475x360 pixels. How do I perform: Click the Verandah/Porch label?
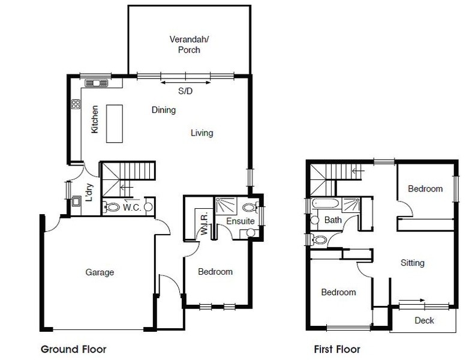point(189,44)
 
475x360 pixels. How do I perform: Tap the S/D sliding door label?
point(185,91)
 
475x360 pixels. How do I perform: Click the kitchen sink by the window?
point(97,83)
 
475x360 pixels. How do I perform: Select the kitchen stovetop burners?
point(76,104)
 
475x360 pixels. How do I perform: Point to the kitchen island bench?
point(115,124)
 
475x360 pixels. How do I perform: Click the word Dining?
point(164,110)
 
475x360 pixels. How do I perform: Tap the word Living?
point(202,133)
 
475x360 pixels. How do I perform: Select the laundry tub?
point(76,201)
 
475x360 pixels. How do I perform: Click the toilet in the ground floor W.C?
point(112,207)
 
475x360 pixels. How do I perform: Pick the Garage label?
point(100,272)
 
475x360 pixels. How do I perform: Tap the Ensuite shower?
point(226,205)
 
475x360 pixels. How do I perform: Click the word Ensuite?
point(240,221)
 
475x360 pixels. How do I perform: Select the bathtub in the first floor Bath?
point(324,203)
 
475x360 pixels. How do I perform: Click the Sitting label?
point(412,262)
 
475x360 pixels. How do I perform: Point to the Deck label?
point(424,320)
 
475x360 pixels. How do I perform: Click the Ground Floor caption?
point(74,349)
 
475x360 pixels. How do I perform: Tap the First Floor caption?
point(337,349)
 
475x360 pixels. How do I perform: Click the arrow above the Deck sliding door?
point(411,301)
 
